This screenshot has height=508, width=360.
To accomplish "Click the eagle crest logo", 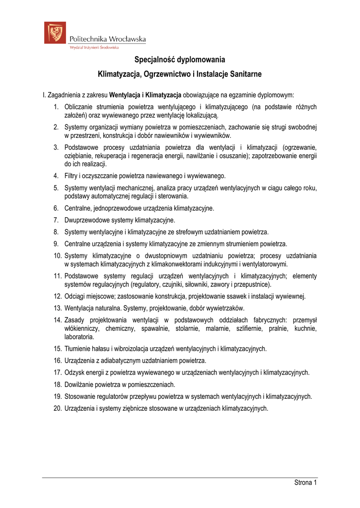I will click(55, 33).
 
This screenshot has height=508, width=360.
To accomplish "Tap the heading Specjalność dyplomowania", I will click(180, 60).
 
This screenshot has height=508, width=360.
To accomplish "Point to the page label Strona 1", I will click(306, 483).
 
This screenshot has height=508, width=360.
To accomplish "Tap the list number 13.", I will click(58, 308).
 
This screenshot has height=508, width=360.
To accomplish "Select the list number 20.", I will click(58, 408).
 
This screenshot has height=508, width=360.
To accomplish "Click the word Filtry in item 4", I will click(72, 176).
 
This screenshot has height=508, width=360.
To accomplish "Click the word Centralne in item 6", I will click(78, 208).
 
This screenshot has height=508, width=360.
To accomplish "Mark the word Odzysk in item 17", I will click(74, 373).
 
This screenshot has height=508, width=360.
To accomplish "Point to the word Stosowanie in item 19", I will click(81, 396).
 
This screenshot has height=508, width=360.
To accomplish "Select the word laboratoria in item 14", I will click(79, 336).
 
